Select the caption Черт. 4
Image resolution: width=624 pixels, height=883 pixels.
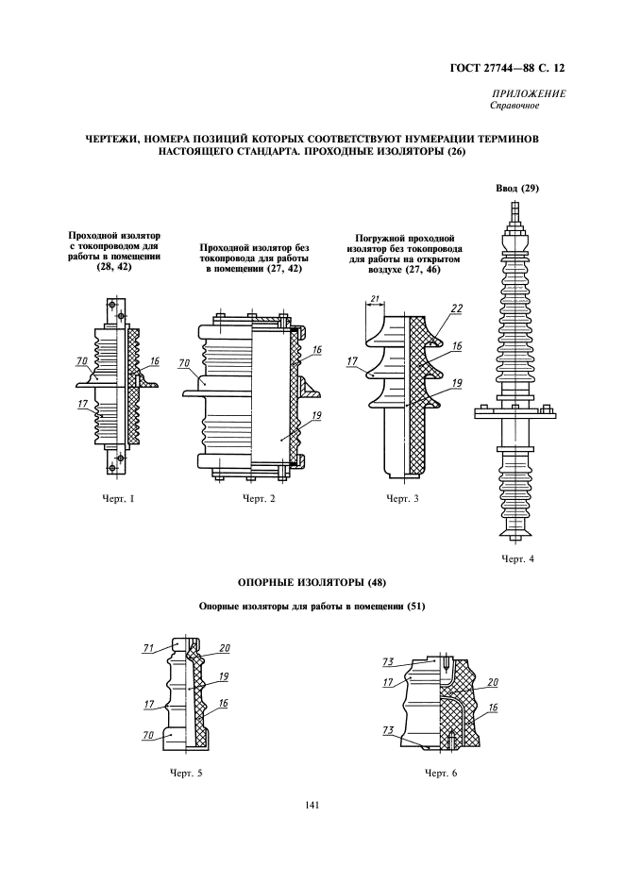click(518, 558)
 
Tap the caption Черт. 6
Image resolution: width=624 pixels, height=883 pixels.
click(440, 773)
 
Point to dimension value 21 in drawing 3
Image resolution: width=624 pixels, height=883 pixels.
click(375, 299)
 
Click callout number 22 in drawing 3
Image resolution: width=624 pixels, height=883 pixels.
click(457, 308)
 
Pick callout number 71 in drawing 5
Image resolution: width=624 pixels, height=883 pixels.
click(148, 648)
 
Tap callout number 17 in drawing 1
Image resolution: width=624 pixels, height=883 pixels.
click(83, 406)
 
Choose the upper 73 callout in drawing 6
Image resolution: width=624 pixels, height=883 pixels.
click(388, 662)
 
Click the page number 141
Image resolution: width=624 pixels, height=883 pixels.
click(312, 805)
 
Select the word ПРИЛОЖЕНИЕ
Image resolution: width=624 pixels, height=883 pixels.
click(529, 93)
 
